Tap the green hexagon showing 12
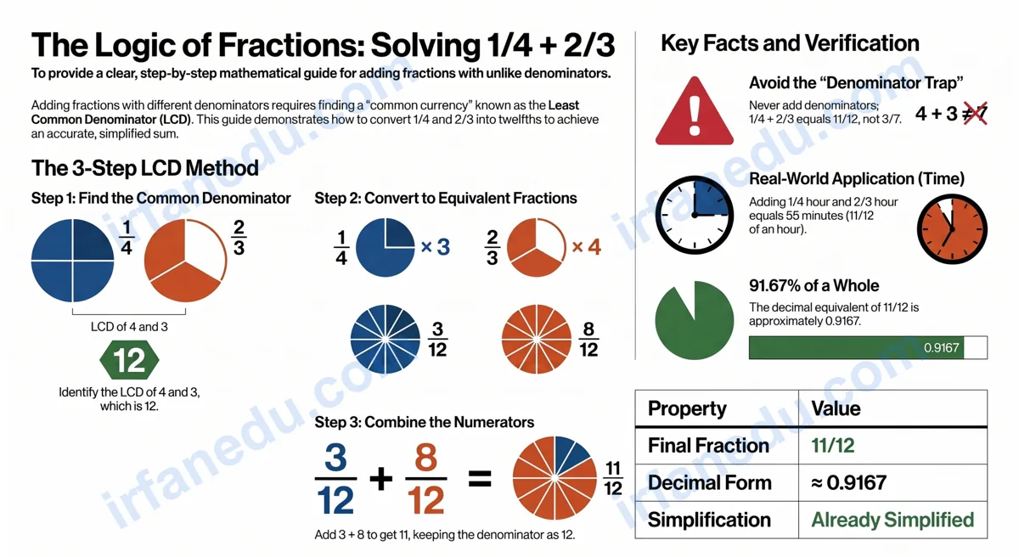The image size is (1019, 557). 129,360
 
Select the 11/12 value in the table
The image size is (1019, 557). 833,446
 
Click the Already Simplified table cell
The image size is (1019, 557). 892,520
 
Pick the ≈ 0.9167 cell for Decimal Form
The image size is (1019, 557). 849,482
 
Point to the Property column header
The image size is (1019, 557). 687,408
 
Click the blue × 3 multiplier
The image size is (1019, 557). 436,247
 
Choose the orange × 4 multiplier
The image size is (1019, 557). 587,247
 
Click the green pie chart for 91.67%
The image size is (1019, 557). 695,321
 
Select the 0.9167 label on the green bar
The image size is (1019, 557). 941,348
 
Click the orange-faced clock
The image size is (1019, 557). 952,228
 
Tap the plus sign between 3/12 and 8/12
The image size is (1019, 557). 380,479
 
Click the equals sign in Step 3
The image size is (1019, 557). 480,479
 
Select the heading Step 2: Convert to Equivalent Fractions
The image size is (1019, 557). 446,198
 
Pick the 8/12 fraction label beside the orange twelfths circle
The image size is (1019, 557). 588,339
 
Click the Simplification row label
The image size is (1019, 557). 709,520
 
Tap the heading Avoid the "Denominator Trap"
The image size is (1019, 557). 856,82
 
